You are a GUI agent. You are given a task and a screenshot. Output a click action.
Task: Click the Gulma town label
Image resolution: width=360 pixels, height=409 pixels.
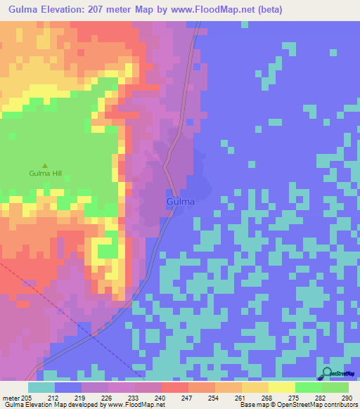(181, 202)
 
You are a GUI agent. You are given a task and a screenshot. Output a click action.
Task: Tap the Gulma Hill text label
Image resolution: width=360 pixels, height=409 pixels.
(46, 173)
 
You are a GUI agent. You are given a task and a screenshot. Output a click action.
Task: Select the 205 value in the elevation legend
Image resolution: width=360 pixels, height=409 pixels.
(27, 398)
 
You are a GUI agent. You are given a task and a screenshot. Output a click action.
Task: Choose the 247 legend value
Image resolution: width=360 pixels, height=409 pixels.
(188, 398)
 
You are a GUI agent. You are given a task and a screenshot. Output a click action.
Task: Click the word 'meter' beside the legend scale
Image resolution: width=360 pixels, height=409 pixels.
(11, 398)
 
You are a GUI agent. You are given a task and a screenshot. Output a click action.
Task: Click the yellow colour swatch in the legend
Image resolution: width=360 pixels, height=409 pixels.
(281, 387)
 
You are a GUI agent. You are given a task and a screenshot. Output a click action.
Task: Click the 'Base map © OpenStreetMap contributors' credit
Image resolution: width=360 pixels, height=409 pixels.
(297, 405)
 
